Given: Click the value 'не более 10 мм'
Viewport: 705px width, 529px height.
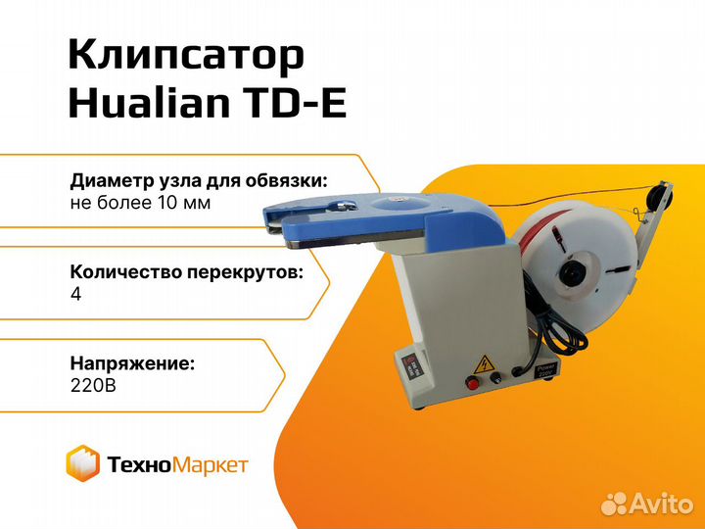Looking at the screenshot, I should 140,203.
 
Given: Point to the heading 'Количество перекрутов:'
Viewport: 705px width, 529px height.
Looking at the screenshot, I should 187,272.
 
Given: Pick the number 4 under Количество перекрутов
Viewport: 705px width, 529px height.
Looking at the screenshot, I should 76,295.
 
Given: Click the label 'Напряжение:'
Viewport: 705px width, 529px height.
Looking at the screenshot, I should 132,363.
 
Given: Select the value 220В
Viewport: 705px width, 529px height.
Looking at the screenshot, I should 93,386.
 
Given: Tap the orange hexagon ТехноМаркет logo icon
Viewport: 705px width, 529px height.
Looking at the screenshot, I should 83,462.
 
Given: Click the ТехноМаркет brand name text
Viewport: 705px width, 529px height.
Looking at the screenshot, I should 176,464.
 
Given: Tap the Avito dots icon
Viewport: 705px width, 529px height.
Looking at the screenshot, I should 614,504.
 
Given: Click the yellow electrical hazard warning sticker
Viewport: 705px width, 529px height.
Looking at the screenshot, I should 482,364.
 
